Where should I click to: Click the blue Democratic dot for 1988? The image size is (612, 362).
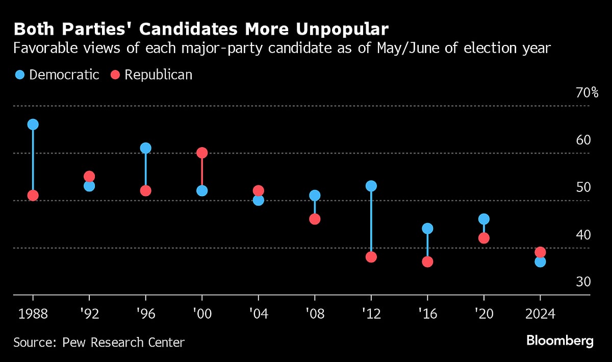33,125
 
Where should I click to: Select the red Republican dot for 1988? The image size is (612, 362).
33,196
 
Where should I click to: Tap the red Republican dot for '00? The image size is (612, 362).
202,153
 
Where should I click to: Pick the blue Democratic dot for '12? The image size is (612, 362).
371,186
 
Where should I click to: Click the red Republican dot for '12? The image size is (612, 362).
371,257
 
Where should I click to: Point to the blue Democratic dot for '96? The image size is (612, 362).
146,148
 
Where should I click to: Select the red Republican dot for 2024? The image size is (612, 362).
540,252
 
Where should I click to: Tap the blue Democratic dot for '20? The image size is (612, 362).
483,219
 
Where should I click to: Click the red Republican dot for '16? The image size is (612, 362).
427,261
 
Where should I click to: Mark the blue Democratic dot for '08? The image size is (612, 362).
315,196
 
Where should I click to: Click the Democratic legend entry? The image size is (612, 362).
57,75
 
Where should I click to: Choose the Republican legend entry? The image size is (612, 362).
151,75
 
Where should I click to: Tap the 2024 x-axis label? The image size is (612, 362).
540,313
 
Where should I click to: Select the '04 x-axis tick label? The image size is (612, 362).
258,313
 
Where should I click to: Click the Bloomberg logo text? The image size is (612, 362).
559,341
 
